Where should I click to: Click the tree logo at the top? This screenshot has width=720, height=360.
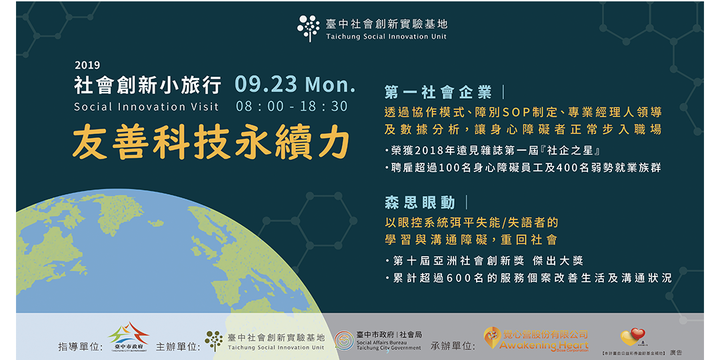309,28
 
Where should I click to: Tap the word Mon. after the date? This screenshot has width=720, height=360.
330,85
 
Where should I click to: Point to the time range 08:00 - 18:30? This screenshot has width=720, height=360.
292,107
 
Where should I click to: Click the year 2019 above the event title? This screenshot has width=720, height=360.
87,65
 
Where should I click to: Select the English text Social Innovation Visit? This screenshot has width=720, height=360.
147,107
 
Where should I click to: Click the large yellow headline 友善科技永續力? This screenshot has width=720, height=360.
211,141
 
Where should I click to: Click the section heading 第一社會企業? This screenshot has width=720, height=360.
438,92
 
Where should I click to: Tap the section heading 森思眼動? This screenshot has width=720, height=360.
419,203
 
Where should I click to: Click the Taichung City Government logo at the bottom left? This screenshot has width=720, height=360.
129,337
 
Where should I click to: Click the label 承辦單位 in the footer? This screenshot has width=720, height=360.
453,347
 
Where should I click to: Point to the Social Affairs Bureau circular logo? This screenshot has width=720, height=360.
344,341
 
